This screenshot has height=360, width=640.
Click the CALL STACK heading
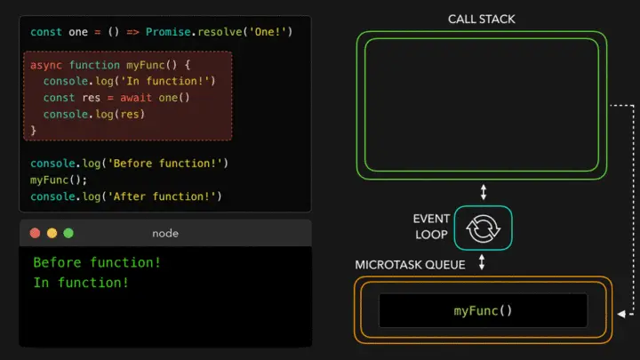coord(482,19)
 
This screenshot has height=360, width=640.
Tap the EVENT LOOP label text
coord(431,227)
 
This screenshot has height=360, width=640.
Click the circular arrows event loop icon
coord(484,228)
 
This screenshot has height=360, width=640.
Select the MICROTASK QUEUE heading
coord(410,264)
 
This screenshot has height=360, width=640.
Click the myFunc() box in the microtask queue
coord(483,310)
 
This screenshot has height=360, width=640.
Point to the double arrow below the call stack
coord(484,191)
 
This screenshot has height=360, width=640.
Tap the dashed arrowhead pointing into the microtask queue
coord(620,311)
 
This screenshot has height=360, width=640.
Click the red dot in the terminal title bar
coord(36,233)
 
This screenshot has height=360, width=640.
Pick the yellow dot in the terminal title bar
coord(52,233)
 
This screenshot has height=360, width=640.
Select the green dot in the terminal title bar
coord(68,233)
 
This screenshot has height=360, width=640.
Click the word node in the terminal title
coord(165,233)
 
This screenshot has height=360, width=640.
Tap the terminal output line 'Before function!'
coord(97,263)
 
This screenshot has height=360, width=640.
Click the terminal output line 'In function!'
coord(81,283)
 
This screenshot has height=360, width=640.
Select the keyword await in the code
coord(136,98)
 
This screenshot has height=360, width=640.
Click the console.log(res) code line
coord(93,114)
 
